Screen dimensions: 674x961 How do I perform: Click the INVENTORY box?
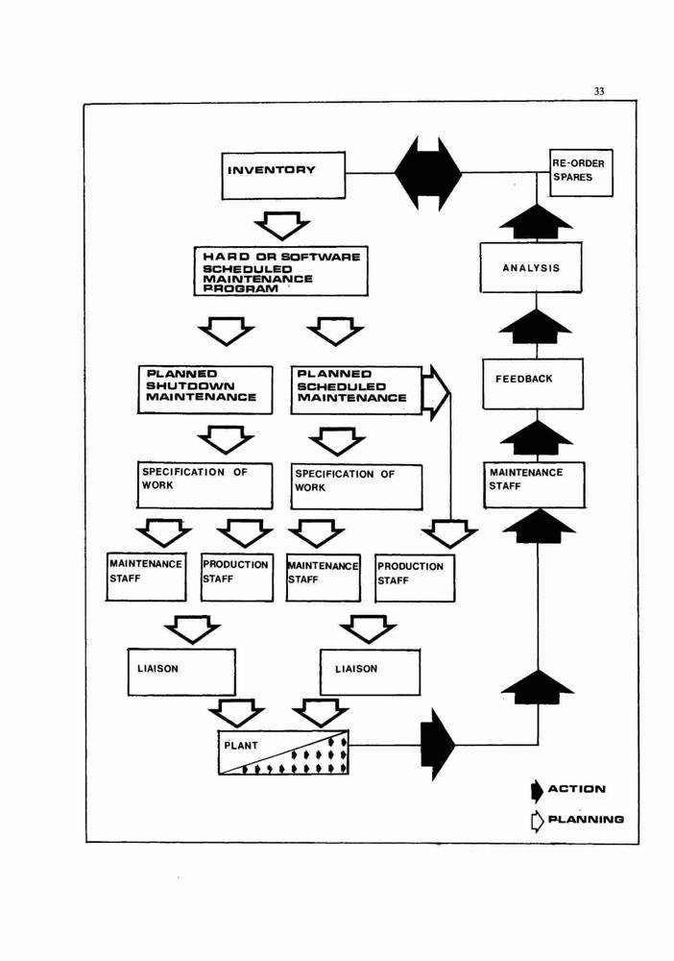click(283, 176)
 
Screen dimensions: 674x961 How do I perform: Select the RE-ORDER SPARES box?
click(581, 173)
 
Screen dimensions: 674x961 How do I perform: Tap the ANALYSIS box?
click(531, 267)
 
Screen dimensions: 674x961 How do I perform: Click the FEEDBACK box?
click(533, 383)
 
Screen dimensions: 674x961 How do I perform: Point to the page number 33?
click(599, 91)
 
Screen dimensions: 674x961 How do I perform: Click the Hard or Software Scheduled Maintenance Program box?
click(281, 272)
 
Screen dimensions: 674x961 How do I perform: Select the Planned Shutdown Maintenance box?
click(205, 390)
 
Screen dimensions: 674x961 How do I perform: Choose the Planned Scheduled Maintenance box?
click(356, 390)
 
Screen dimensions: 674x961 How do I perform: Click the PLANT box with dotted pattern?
click(283, 752)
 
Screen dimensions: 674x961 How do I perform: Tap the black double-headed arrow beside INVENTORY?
click(428, 173)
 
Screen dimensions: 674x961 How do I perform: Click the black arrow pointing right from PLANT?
click(437, 745)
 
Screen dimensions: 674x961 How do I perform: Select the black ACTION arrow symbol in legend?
click(537, 791)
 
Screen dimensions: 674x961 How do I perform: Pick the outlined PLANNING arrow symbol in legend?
click(537, 820)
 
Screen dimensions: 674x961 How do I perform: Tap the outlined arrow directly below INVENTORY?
click(281, 226)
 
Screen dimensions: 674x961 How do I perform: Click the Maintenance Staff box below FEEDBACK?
click(535, 484)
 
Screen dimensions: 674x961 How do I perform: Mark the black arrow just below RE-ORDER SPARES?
click(537, 221)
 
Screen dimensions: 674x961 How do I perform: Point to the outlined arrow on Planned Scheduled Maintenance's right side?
click(437, 393)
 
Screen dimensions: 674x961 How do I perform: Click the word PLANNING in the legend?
click(586, 820)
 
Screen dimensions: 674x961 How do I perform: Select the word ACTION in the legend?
click(577, 789)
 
